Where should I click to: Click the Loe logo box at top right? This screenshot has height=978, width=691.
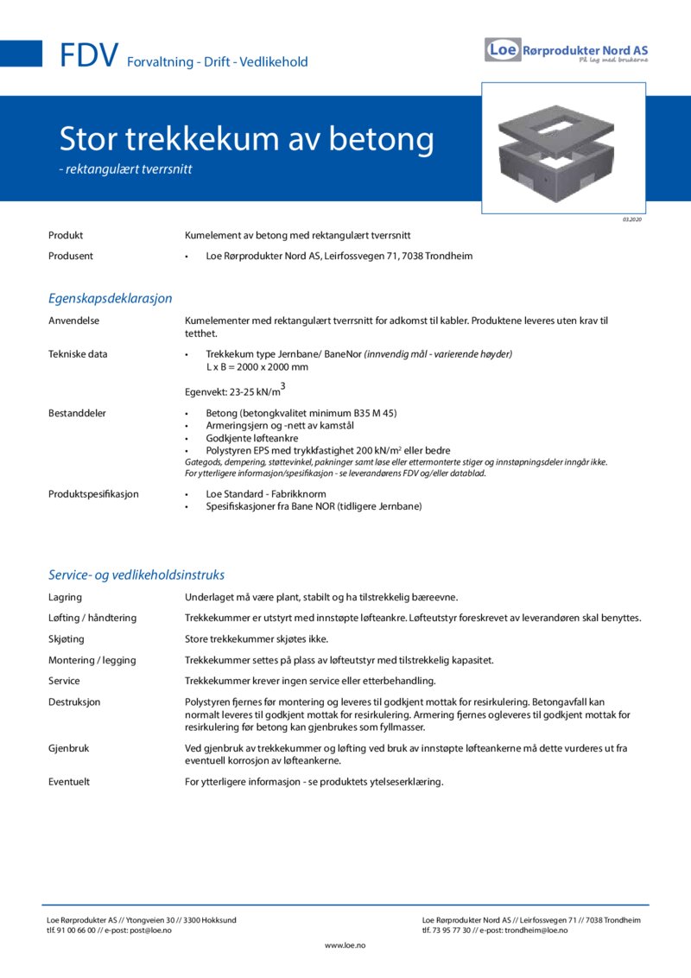tap(503, 49)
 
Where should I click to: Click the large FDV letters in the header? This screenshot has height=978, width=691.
tap(89, 56)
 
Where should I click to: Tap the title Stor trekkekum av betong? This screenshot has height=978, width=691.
tap(246, 139)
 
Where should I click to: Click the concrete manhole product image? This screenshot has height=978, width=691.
tap(563, 148)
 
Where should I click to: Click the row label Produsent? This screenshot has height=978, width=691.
tap(71, 256)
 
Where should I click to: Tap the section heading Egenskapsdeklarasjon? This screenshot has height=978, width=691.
tap(110, 298)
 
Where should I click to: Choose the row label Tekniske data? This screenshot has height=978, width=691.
tap(78, 354)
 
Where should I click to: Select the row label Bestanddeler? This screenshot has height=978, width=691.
tap(77, 413)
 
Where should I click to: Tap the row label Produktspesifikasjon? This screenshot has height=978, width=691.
tap(93, 494)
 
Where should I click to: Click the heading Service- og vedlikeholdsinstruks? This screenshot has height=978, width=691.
tap(136, 575)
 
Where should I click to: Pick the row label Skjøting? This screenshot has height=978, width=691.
tap(67, 639)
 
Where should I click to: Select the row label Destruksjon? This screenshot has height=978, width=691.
tap(74, 702)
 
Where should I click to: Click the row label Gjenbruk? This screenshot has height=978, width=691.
tap(69, 748)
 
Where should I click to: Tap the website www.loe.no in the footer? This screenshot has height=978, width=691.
tap(345, 946)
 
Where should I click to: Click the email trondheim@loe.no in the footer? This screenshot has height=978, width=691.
tap(536, 930)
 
